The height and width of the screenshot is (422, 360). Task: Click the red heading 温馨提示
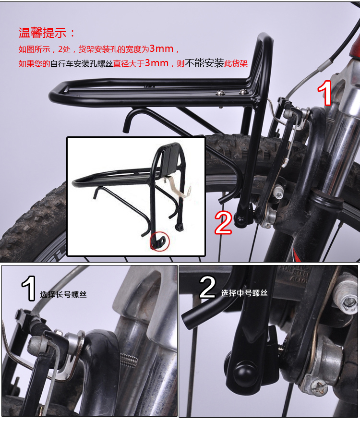coord(43,33)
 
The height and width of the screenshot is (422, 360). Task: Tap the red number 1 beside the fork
coord(325,93)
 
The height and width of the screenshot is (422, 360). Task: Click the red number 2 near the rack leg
coord(223,222)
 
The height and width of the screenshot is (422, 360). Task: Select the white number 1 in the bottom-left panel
coord(29,288)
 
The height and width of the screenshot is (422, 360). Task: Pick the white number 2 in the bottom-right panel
coord(207,287)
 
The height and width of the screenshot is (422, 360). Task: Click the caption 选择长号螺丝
coord(63,294)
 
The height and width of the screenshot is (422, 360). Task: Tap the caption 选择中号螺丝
coord(244,293)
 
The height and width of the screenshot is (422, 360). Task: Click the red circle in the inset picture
coord(160,241)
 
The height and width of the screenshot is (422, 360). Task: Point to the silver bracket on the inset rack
coord(179,188)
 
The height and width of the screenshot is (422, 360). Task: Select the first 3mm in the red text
coord(161,48)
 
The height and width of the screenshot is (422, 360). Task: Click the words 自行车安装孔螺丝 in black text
coord(82,64)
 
